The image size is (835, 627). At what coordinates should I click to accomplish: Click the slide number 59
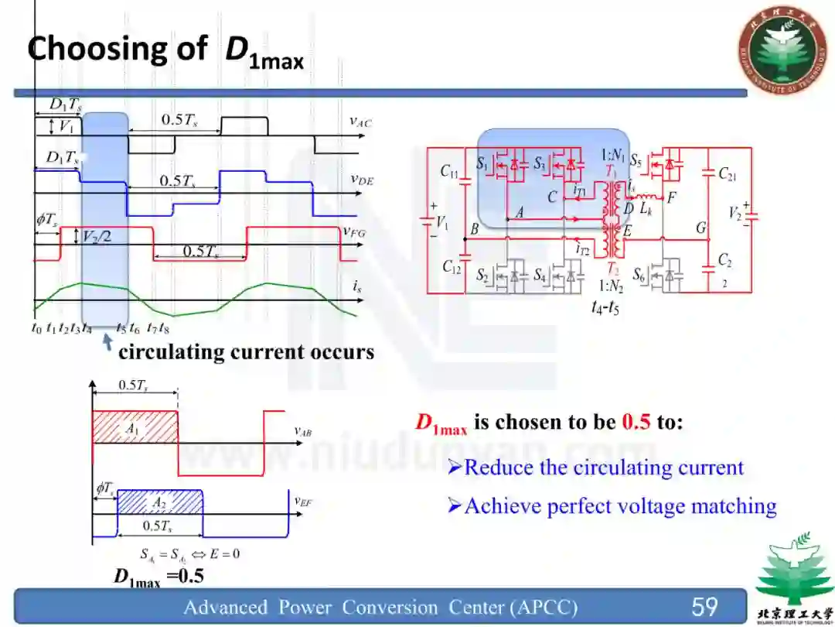704,606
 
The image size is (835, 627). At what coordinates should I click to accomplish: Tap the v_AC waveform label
361,121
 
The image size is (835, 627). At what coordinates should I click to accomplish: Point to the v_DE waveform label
361,180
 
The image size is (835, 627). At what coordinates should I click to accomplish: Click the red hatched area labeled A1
133,427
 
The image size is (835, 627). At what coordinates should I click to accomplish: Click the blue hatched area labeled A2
158,502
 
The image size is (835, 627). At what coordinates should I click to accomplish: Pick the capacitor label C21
727,174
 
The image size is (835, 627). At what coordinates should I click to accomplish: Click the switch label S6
639,274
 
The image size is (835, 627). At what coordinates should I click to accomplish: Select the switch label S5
636,162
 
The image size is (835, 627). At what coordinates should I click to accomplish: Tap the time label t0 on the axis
36,327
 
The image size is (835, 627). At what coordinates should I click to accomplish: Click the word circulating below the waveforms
171,352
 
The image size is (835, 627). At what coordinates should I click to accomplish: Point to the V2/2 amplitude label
97,237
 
